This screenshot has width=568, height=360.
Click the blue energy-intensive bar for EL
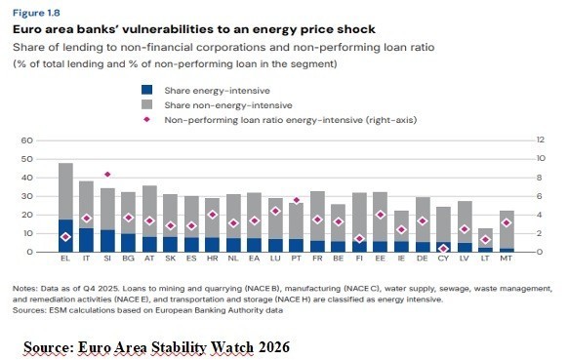(x=65, y=235)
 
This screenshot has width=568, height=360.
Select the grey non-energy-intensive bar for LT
(x=485, y=238)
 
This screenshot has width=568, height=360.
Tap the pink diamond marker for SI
(x=107, y=175)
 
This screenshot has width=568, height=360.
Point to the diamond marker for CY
(x=443, y=249)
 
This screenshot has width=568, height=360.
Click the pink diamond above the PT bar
(x=297, y=200)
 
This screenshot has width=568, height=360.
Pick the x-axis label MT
(x=507, y=259)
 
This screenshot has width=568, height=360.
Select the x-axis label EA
(x=255, y=259)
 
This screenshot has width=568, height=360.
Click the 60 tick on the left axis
(x=26, y=140)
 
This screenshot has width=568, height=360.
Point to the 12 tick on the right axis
(x=541, y=140)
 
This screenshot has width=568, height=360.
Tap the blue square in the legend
(x=146, y=90)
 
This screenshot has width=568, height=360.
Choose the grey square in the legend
(x=146, y=104)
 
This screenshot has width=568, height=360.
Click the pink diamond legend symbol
(x=146, y=120)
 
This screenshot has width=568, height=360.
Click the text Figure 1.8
(x=36, y=13)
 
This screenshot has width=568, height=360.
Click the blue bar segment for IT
(x=86, y=240)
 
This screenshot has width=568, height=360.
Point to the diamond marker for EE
(x=380, y=215)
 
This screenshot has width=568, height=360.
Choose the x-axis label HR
(x=213, y=259)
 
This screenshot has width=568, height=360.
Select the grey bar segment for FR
(x=317, y=217)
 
